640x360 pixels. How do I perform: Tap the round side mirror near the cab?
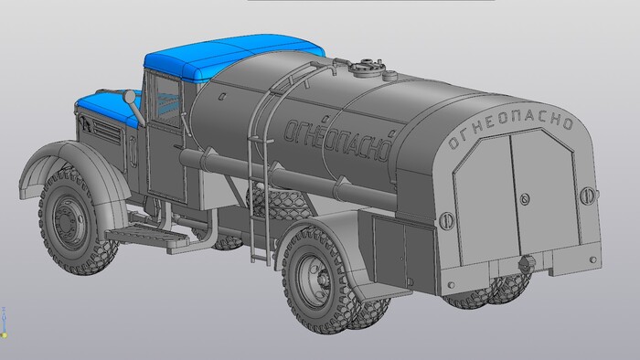click(130, 98)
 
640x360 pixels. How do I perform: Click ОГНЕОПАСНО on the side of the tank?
click(337, 140)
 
